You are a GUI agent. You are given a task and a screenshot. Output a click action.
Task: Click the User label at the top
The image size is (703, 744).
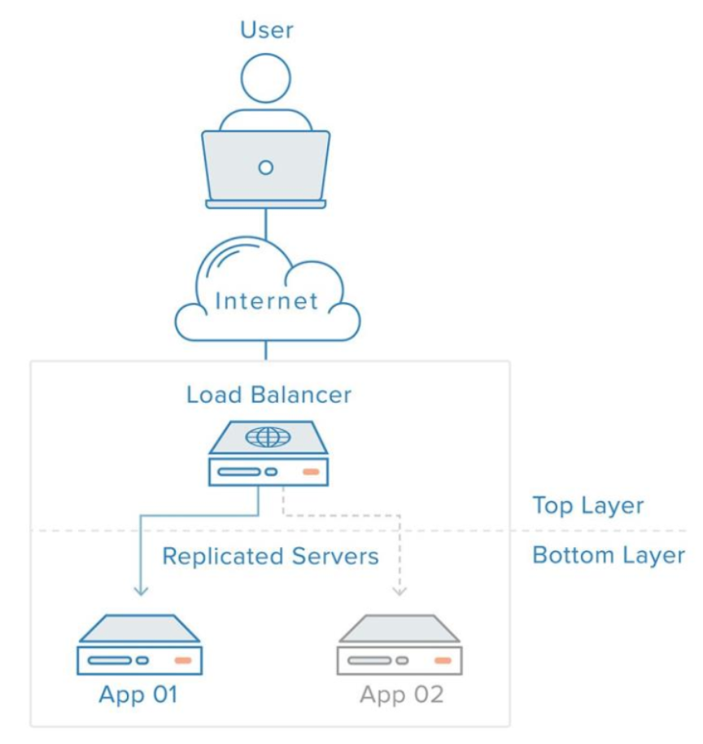tap(267, 30)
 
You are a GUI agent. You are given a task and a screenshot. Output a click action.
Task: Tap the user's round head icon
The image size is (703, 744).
tap(265, 78)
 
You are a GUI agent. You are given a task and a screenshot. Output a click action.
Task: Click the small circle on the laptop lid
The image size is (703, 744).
tap(265, 168)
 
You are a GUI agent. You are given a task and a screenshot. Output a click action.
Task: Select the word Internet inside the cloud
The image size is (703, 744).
tap(266, 301)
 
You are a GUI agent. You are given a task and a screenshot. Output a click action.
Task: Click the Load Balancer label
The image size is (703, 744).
tap(269, 395)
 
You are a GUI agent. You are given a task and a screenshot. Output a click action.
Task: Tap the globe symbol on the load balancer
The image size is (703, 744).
tap(268, 437)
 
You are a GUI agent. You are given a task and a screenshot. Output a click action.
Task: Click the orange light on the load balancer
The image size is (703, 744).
tap(311, 471)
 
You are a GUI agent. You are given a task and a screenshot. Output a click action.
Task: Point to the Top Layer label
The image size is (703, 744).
tap(588, 505)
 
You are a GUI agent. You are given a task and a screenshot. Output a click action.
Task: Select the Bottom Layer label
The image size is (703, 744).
tap(609, 555)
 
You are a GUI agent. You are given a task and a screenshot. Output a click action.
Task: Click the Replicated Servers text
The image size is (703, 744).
tap(270, 556)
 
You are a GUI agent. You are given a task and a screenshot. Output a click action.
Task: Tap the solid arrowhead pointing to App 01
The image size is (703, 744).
tap(141, 591)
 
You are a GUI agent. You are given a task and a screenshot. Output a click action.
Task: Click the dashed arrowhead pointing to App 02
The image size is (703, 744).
tap(400, 591)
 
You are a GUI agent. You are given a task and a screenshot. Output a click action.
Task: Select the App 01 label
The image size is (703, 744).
tap(138, 694)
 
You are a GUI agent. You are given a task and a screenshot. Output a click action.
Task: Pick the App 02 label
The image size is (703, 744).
tap(401, 694)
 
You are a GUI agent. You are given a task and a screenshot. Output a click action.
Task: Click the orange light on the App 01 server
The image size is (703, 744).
tap(183, 660)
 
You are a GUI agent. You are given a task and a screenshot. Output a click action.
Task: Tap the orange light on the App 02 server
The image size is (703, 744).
tap(443, 660)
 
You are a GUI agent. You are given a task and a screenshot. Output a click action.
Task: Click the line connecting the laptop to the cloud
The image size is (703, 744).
tap(265, 223)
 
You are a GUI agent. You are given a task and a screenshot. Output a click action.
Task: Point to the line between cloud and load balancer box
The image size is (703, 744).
tap(265, 350)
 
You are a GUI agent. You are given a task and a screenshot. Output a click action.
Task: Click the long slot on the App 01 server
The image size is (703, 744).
tap(110, 660)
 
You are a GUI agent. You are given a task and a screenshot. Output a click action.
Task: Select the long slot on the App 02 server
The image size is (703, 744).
tap(369, 660)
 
